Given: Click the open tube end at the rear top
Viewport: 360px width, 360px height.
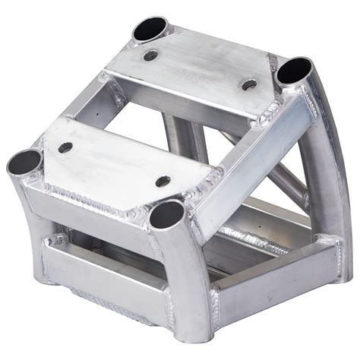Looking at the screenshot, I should point(152,30).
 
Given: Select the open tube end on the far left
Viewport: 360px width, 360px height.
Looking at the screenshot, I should point(25,161).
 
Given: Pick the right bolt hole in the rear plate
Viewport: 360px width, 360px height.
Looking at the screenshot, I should point(248,84).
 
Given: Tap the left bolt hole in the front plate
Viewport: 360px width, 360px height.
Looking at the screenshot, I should point(65,147).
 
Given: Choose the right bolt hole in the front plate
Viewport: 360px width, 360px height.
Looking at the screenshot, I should point(162,181).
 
